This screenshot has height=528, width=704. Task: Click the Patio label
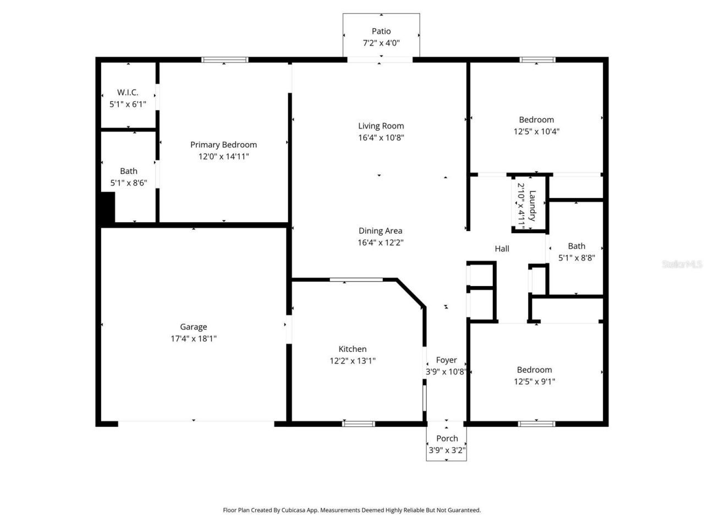(381, 31)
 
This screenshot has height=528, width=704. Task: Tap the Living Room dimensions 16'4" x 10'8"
(381, 137)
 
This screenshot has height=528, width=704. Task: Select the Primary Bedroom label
(223, 145)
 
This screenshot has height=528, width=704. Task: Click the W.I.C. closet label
(128, 92)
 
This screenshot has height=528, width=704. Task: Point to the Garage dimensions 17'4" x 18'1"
(193, 339)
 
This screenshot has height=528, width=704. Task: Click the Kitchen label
(352, 349)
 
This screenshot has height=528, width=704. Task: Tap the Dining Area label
(380, 231)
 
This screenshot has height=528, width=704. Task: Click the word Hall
(502, 249)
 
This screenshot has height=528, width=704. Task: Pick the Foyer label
(446, 360)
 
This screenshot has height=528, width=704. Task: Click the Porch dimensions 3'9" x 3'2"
(447, 450)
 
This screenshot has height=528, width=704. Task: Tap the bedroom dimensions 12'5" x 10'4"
(536, 131)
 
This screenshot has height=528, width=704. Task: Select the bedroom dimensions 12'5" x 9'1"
(534, 381)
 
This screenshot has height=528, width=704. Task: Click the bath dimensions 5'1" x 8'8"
(576, 257)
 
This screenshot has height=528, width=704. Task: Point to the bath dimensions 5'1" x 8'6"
(128, 183)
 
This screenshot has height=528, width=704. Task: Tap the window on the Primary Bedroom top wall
(224, 60)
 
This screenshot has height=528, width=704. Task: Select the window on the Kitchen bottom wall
(359, 424)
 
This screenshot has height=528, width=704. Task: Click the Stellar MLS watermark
(682, 264)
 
